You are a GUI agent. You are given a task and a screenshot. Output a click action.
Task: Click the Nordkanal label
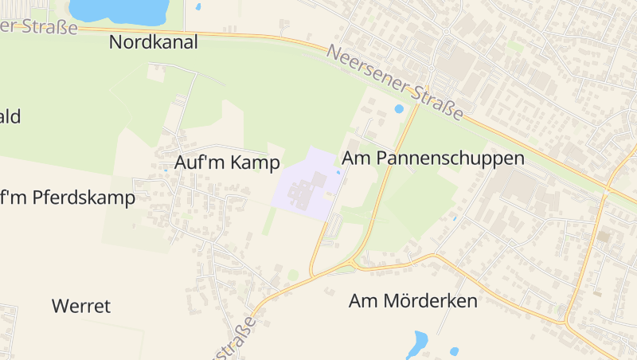tap(153, 43)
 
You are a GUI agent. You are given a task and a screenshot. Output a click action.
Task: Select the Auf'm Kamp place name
tap(227, 163)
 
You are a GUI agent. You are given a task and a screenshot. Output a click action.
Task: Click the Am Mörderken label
tap(412, 301)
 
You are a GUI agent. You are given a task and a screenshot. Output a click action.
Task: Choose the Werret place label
tap(80, 306)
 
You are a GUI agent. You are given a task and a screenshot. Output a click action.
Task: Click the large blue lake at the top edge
tap(118, 10)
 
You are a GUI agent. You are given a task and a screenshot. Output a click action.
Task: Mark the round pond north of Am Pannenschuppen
tap(399, 109)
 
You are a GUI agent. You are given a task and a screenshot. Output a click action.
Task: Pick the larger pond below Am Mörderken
tap(416, 345)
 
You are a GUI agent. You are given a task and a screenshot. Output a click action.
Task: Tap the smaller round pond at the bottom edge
tap(454, 351)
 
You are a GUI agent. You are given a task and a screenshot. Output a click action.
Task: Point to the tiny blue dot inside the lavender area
tap(339, 172)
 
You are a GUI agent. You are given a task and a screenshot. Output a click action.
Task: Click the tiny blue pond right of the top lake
tap(197, 7)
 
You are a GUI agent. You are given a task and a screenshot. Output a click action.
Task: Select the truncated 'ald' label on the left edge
tap(10, 117)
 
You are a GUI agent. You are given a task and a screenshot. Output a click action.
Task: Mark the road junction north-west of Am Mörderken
tap(351, 263)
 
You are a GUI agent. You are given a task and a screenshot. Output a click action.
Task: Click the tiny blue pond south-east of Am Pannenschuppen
tap(455, 217)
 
